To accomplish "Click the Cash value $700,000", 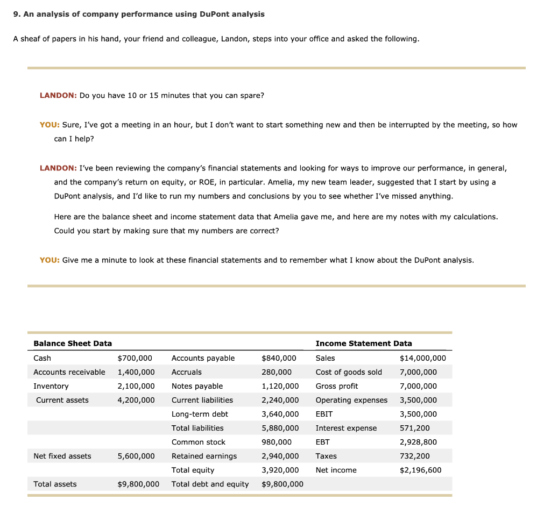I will pyautogui.click(x=135, y=358).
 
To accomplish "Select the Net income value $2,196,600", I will pyautogui.click(x=420, y=470).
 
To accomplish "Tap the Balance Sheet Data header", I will pyautogui.click(x=73, y=344).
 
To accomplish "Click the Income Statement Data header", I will pyautogui.click(x=363, y=344).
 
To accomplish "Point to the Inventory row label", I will pyautogui.click(x=51, y=386).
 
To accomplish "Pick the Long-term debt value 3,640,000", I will pyautogui.click(x=280, y=414).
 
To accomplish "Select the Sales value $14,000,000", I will pyautogui.click(x=422, y=358).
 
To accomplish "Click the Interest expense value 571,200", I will pyautogui.click(x=414, y=428).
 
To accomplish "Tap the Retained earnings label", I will pyautogui.click(x=204, y=456).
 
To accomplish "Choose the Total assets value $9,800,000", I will pyautogui.click(x=138, y=484).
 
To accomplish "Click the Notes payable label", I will pyautogui.click(x=197, y=386).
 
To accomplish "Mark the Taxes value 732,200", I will pyautogui.click(x=414, y=456).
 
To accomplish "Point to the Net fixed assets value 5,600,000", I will pyautogui.click(x=136, y=456).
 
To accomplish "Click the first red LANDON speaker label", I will pyautogui.click(x=58, y=95).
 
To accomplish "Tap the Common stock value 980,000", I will pyautogui.click(x=277, y=442).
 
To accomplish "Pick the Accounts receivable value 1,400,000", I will pyautogui.click(x=136, y=372).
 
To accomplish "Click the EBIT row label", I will pyautogui.click(x=324, y=414).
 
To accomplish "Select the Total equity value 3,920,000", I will pyautogui.click(x=280, y=470).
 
